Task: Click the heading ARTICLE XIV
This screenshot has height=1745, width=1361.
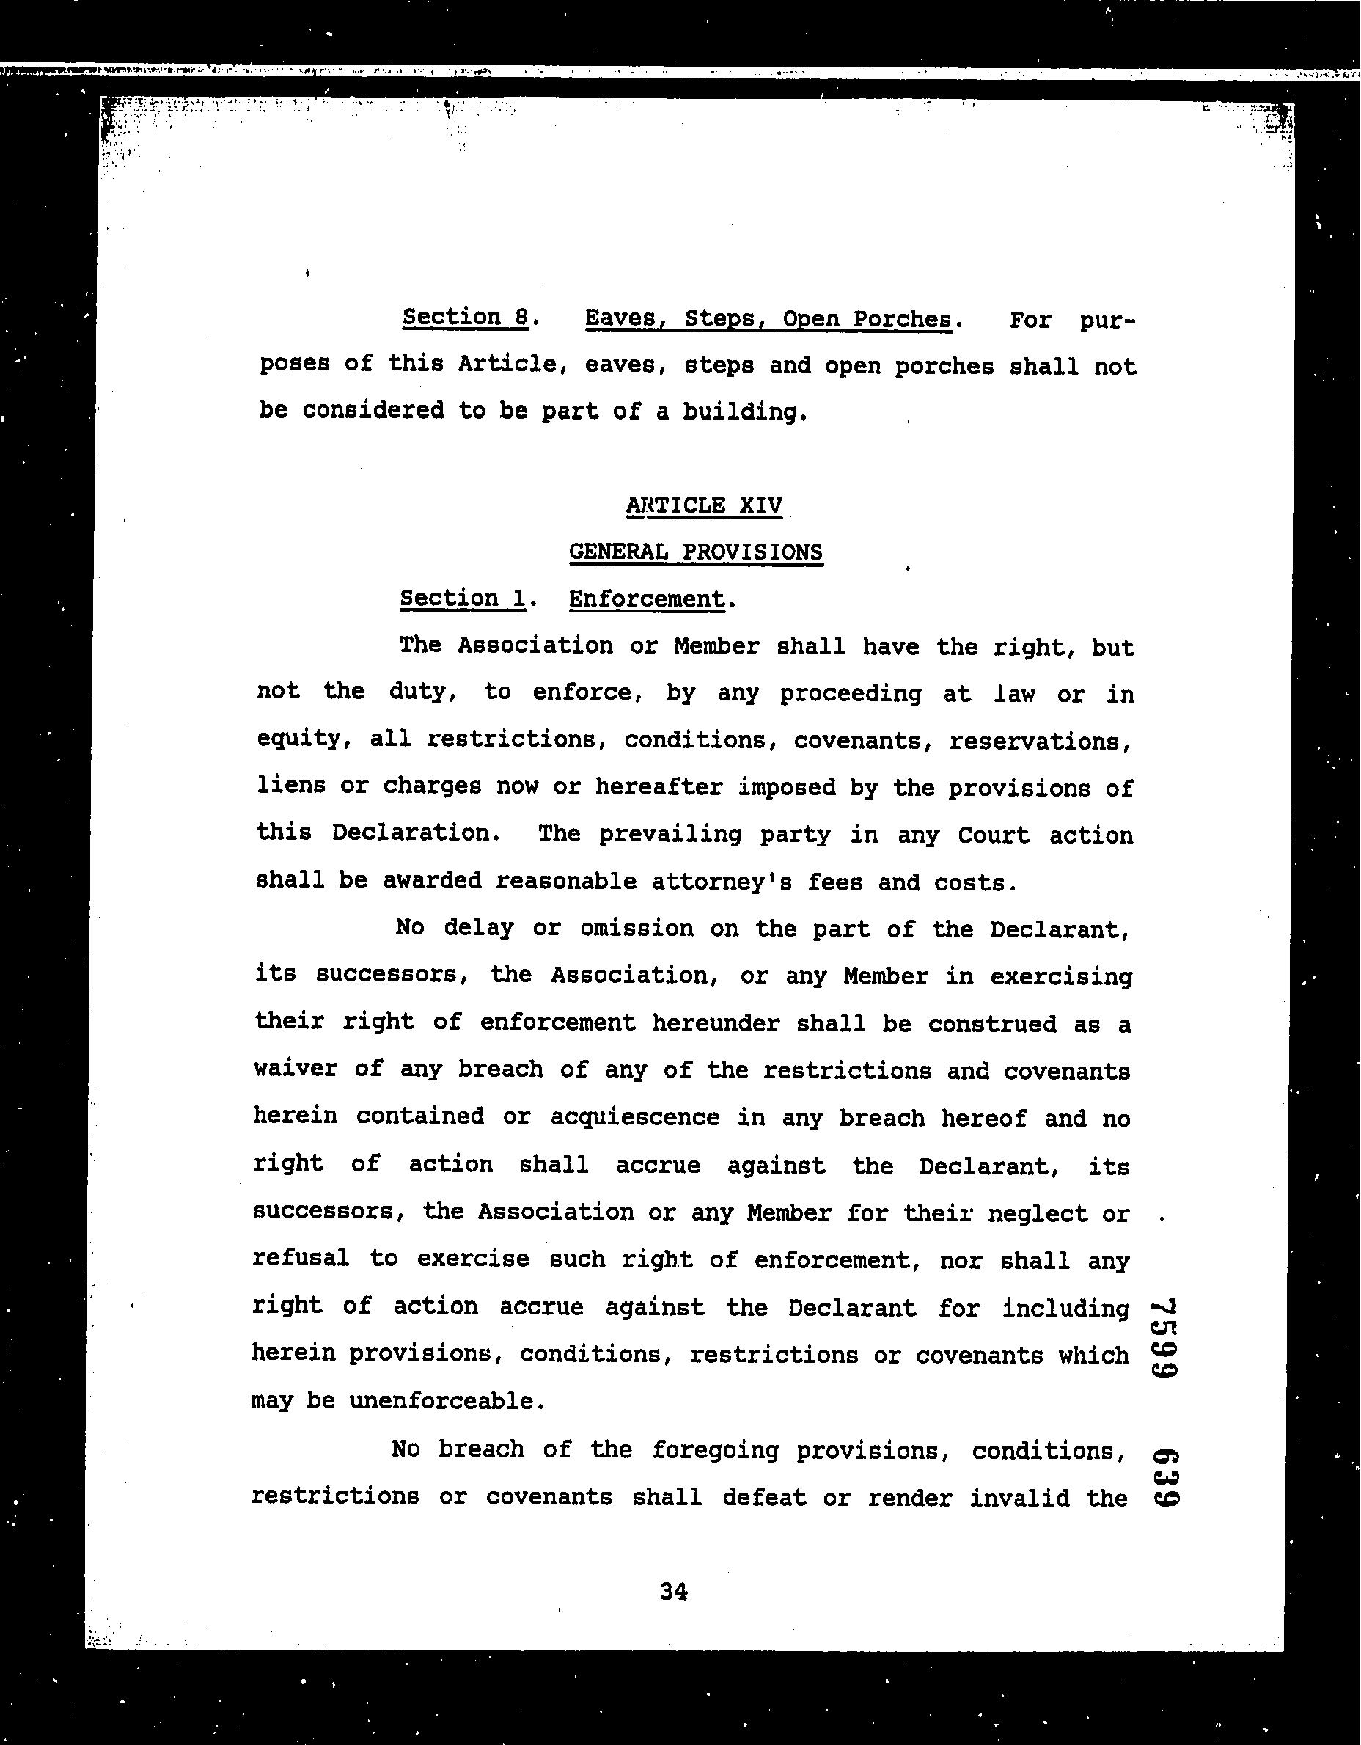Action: pyautogui.click(x=704, y=506)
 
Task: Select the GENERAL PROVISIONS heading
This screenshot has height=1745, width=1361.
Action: pyautogui.click(x=695, y=552)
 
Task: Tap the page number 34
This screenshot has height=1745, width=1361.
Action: pyautogui.click(x=673, y=1592)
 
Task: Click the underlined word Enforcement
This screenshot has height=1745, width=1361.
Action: pyautogui.click(x=646, y=599)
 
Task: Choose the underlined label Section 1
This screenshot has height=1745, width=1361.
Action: pyautogui.click(x=463, y=599)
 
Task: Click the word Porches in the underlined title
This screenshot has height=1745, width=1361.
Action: pyautogui.click(x=902, y=320)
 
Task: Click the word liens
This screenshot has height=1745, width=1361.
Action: pyautogui.click(x=290, y=786)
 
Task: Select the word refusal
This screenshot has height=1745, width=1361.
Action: pyautogui.click(x=301, y=1259)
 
